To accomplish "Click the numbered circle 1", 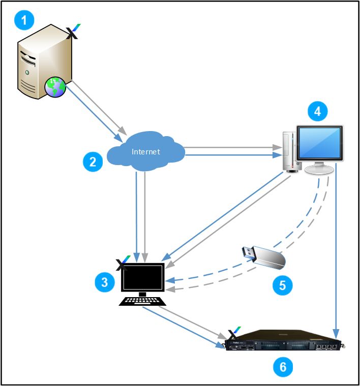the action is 24,20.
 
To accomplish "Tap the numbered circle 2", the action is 93,162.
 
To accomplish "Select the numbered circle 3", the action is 105,282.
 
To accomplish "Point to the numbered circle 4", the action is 318,111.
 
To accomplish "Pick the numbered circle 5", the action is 282,285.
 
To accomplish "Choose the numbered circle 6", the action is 283,367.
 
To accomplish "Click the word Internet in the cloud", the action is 146,152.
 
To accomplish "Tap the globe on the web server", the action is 55,87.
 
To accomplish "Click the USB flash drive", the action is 263,258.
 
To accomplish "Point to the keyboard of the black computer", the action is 142,301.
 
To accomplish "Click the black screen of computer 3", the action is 143,277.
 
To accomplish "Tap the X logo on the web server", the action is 73,31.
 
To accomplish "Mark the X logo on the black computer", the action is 123,263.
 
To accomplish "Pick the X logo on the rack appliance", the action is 234,334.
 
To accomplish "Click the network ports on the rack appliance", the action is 326,346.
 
